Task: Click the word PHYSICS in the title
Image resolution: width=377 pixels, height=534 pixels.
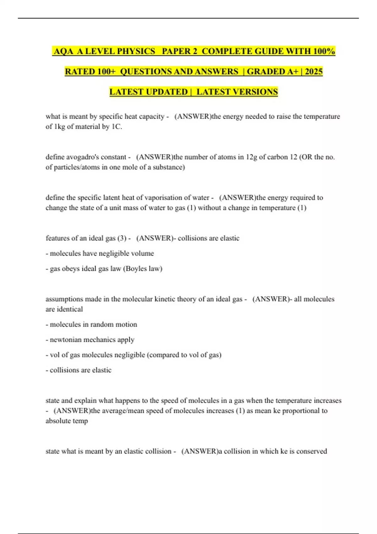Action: [136, 51]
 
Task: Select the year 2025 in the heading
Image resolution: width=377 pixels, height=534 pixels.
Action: [314, 72]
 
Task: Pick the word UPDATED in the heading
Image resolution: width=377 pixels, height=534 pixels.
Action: [167, 92]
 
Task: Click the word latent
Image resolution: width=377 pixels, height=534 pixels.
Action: [111, 198]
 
